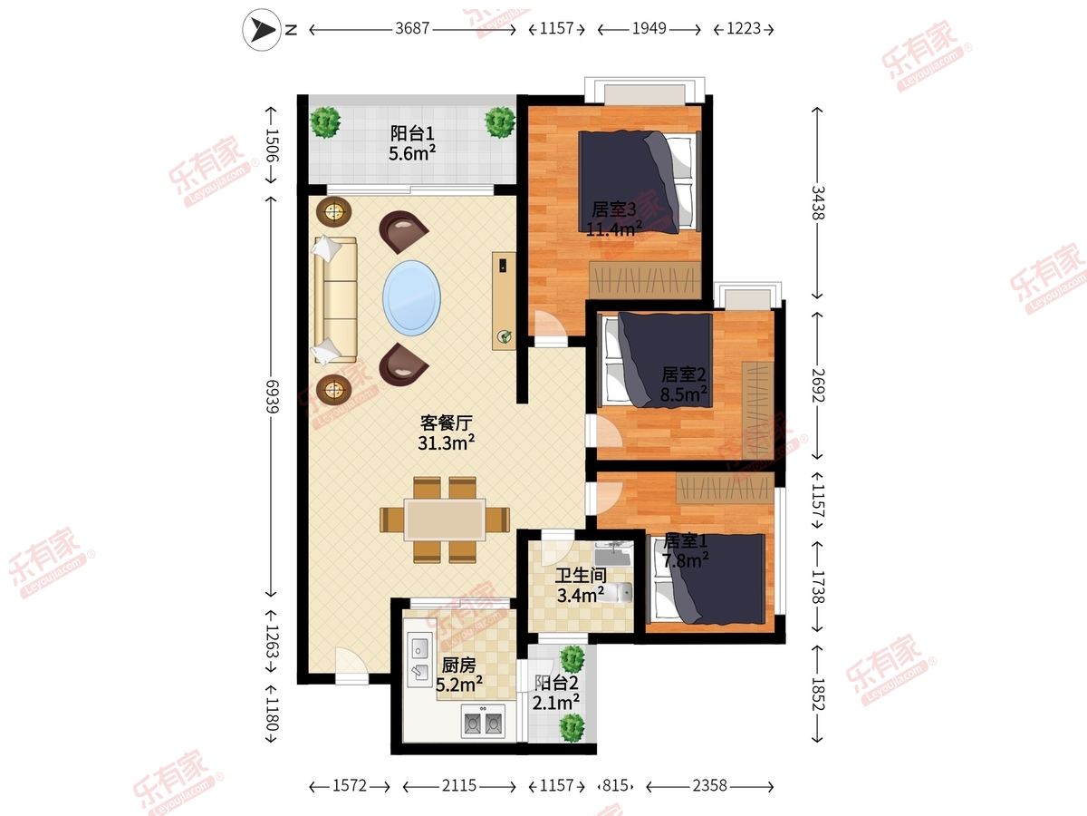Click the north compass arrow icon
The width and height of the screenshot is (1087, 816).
pos(262,30)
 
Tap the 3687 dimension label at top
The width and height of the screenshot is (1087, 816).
pos(412,28)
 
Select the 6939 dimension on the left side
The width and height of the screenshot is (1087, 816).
pos(272,396)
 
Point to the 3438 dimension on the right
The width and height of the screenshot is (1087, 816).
pos(818,202)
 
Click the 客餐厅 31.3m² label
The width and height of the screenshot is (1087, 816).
pos(447,433)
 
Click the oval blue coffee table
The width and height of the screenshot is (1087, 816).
pos(411,298)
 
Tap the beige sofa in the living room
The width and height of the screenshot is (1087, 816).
pos(335,300)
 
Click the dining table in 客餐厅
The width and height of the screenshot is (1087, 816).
pos(445,520)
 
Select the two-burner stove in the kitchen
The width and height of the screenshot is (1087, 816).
pos(483,722)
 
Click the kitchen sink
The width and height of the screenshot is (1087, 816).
pos(420,659)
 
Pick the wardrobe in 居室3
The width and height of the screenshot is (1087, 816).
pos(645,280)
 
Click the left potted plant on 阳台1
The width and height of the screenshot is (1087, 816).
pos(325,121)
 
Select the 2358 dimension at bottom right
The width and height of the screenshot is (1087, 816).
pos(709,785)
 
